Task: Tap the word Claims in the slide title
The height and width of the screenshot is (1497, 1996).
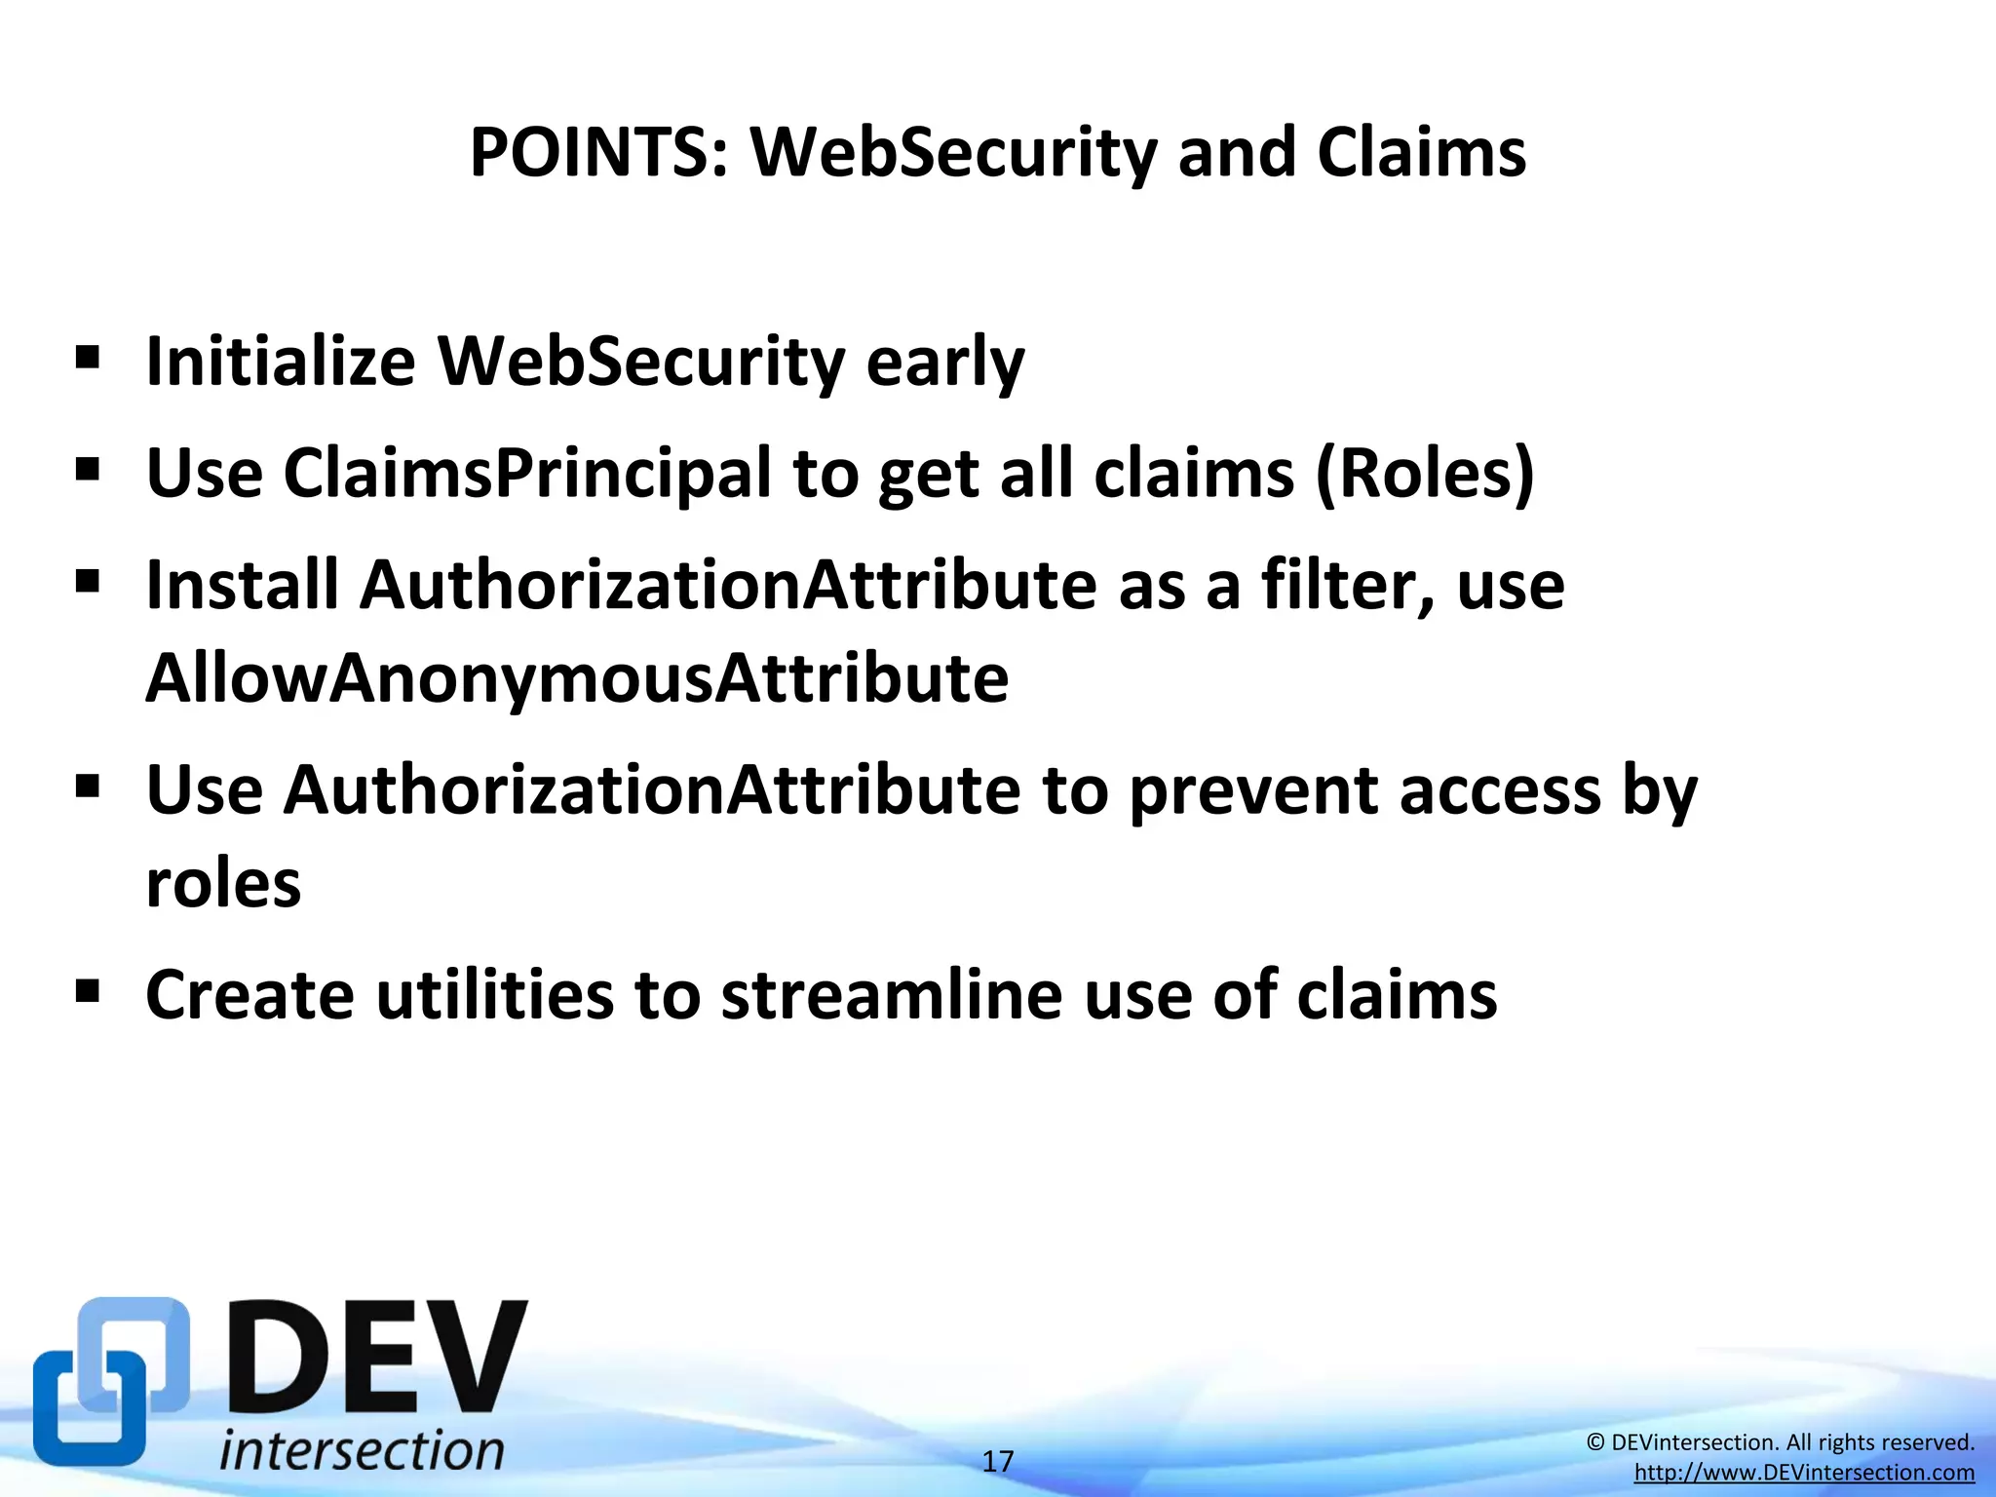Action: tap(1421, 153)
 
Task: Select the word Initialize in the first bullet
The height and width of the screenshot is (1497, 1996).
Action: tap(281, 363)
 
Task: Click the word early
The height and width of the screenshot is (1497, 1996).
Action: tap(944, 363)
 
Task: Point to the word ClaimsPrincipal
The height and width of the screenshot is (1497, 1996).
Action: tap(527, 475)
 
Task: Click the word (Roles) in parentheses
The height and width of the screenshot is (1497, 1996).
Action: tap(1425, 475)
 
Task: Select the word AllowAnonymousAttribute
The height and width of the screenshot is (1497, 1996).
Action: tap(577, 678)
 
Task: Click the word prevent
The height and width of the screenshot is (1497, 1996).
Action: tap(1252, 790)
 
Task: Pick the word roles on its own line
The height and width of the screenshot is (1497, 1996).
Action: tap(223, 884)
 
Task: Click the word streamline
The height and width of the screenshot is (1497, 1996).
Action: tap(891, 996)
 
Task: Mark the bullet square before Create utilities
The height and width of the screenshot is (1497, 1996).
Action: tap(88, 992)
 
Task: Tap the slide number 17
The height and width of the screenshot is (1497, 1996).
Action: tap(997, 1461)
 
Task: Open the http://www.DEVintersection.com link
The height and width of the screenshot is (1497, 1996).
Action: tap(1804, 1473)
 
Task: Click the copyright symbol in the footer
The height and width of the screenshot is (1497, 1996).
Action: tap(1595, 1442)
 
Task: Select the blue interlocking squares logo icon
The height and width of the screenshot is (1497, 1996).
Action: tap(110, 1381)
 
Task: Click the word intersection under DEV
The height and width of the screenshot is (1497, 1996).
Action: tap(362, 1450)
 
